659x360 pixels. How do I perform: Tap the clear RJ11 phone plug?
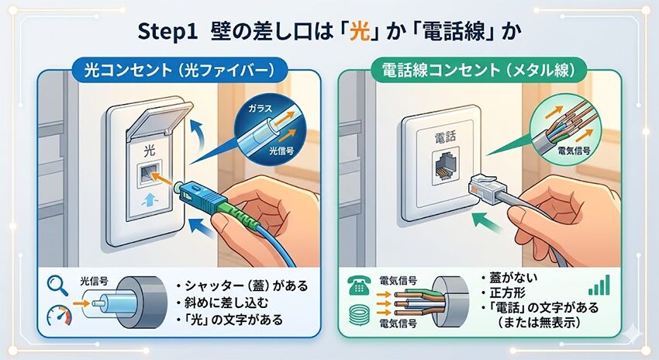coord(483,185)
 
